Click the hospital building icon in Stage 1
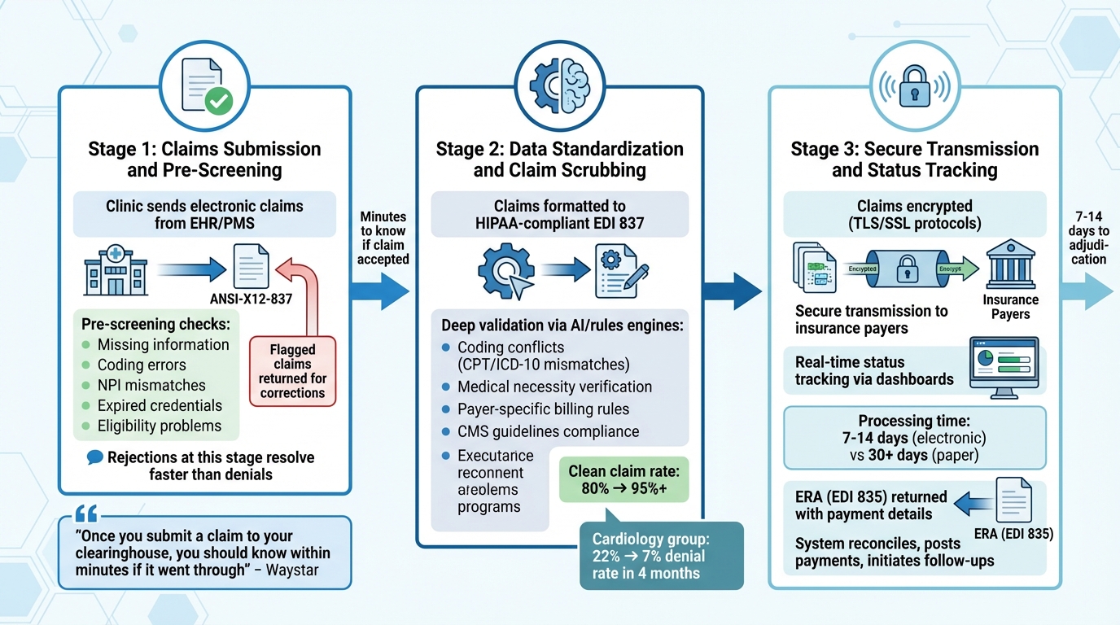(116, 271)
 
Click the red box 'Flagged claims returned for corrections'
(292, 371)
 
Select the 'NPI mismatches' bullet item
(151, 385)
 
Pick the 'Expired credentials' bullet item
(160, 405)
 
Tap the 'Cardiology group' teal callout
(660, 555)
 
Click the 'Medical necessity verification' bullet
(554, 387)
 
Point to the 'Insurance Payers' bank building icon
(1010, 264)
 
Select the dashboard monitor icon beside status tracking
(1005, 369)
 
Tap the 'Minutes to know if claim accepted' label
(383, 238)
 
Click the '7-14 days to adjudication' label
(1088, 238)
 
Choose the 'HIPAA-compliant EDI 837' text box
(559, 215)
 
